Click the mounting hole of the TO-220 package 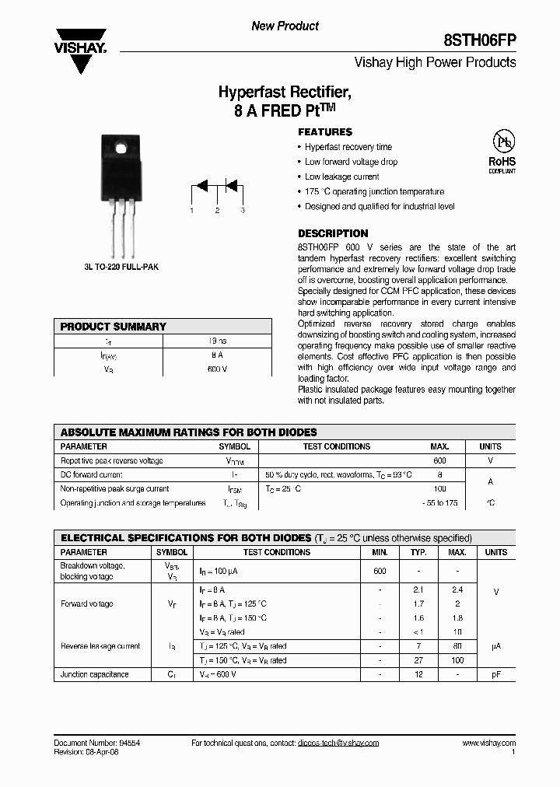(x=120, y=148)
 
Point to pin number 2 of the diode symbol (x=217, y=211)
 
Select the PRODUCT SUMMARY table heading (x=114, y=327)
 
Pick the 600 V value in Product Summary (x=217, y=369)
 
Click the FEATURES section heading (x=325, y=132)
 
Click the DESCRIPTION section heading (x=333, y=233)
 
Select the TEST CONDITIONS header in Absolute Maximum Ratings (x=336, y=446)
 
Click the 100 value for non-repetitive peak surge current (x=439, y=489)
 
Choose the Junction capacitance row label (x=94, y=674)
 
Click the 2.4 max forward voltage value (x=457, y=590)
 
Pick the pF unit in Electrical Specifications (x=495, y=674)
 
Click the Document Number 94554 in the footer (x=96, y=743)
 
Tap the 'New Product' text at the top (x=285, y=26)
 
